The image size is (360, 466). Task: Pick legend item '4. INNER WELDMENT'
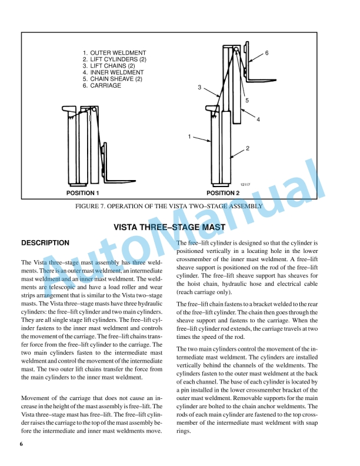click(114, 73)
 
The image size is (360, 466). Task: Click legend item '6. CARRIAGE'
click(102, 85)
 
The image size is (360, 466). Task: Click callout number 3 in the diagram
click(199, 88)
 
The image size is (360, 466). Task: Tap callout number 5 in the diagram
click(247, 101)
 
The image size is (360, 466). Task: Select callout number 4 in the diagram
click(258, 119)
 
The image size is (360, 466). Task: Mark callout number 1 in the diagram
click(189, 137)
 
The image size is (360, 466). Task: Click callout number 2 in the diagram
click(248, 148)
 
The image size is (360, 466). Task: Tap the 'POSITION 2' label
click(223, 192)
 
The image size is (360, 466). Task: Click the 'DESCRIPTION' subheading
click(45, 243)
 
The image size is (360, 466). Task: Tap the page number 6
click(21, 444)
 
